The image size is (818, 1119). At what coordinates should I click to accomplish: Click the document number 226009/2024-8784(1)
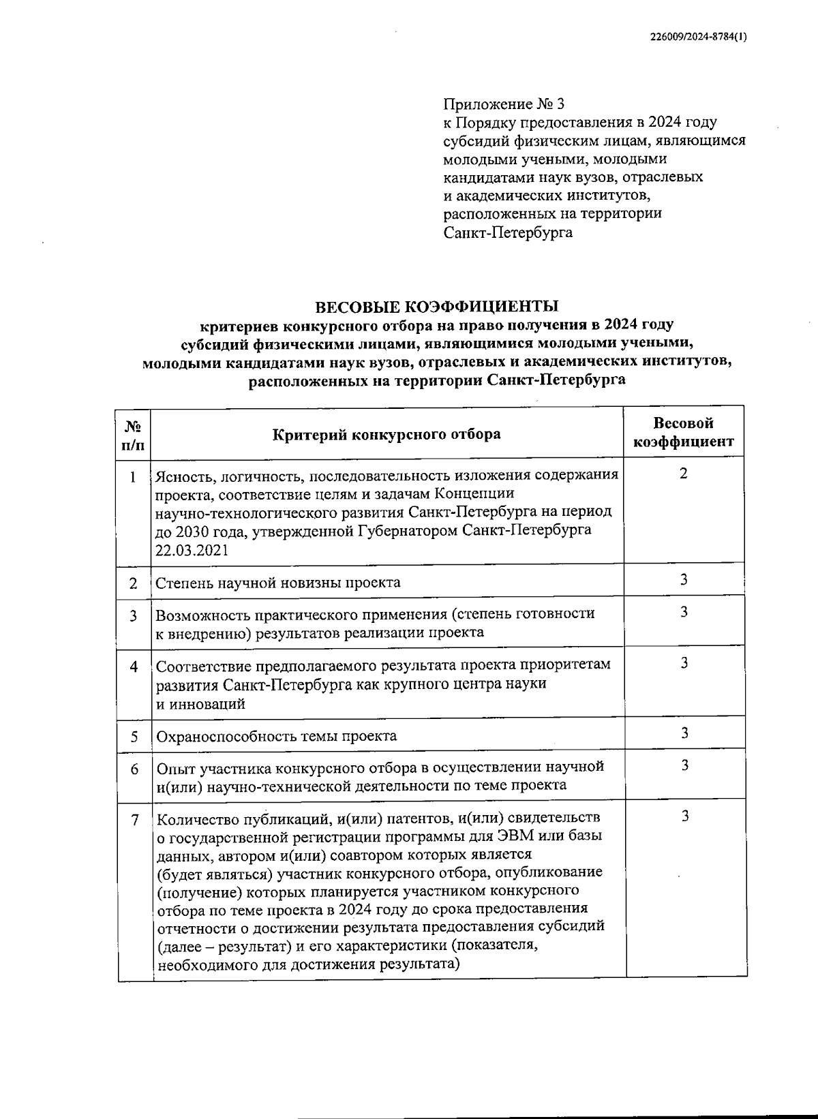pos(699,38)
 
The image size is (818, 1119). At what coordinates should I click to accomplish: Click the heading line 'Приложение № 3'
pos(504,104)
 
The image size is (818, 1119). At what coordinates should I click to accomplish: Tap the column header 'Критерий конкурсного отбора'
pos(387,434)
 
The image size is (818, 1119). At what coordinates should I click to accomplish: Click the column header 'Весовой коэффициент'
pos(684,432)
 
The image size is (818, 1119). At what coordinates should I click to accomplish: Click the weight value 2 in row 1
pos(684,473)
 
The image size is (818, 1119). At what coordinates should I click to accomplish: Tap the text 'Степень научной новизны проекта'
pos(278,583)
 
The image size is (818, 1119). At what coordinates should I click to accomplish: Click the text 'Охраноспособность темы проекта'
pos(277,736)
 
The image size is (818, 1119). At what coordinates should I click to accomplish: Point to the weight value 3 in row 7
pos(685,816)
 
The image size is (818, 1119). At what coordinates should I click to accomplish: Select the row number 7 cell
pos(135,820)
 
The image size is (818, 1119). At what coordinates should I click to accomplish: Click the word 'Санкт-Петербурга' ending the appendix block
pos(508,232)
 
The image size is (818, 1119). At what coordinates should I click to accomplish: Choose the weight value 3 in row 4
pos(684,662)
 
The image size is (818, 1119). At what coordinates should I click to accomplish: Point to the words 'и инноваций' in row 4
pos(200,704)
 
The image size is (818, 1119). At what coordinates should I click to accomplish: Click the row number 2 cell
pos(134,583)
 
